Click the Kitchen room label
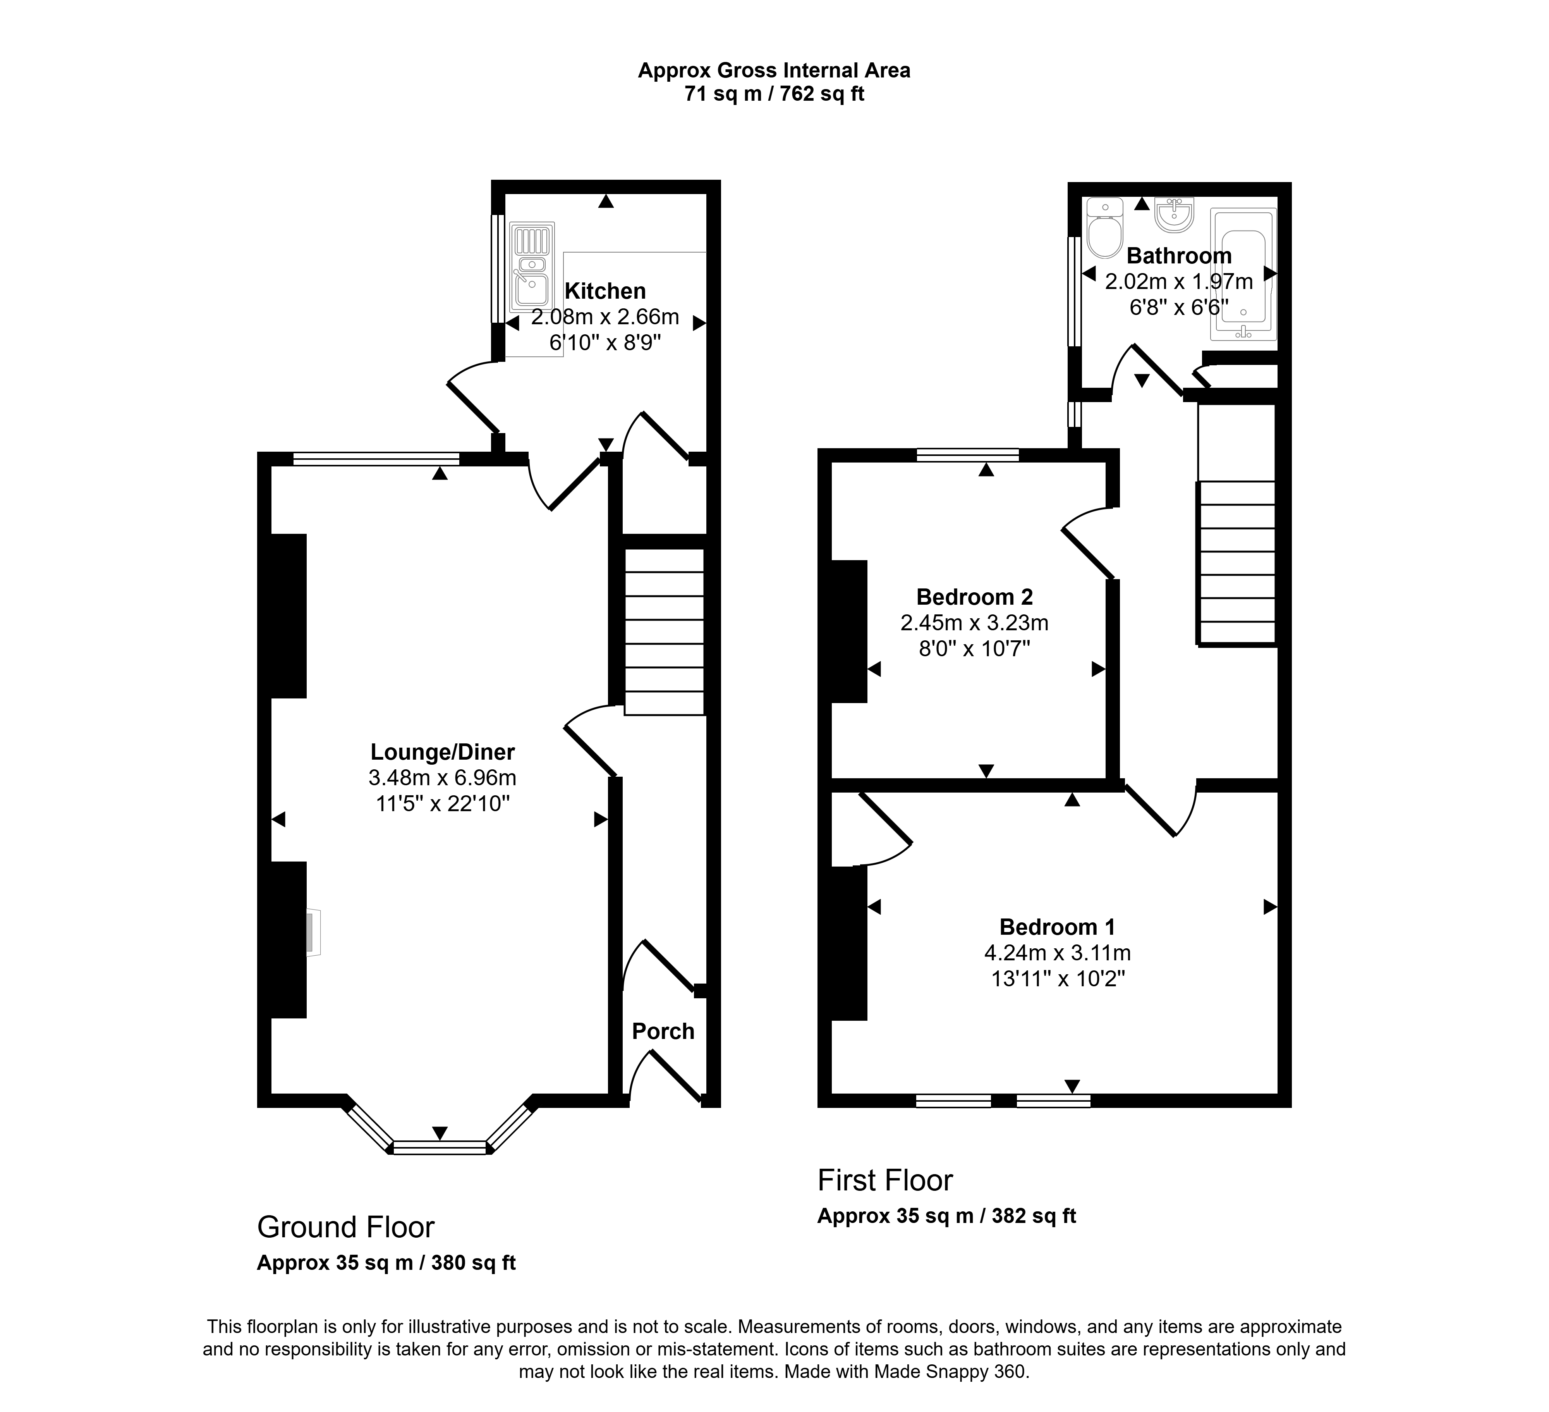(x=605, y=291)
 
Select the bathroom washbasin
(x=1173, y=215)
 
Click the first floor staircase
(x=1236, y=562)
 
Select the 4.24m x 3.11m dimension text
(x=1057, y=953)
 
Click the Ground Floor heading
(x=346, y=1228)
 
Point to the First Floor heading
(x=885, y=1181)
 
